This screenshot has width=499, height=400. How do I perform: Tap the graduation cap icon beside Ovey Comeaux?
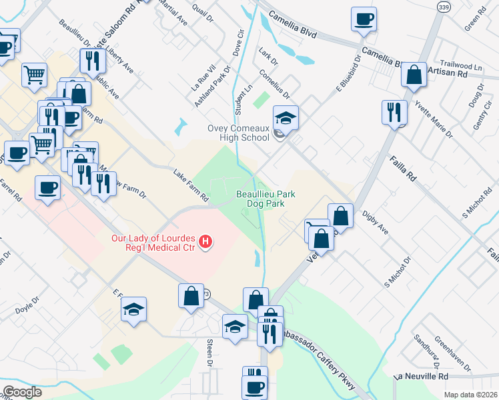(286, 118)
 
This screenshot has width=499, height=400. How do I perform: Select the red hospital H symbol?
(206, 240)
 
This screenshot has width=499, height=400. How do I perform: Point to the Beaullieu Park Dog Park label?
(266, 199)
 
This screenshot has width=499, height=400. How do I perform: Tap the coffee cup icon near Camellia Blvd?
(364, 20)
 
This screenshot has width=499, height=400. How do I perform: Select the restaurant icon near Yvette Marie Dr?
(394, 111)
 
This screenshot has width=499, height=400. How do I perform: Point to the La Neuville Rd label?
(421, 377)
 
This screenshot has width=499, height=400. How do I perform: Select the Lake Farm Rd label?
(191, 185)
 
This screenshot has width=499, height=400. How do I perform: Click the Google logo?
(22, 391)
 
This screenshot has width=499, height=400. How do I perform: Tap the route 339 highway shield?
(443, 6)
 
